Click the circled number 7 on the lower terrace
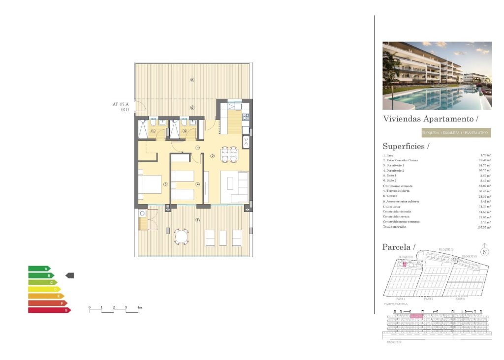click(x=197, y=220)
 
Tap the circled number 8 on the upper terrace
click(x=192, y=80)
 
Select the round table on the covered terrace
click(x=182, y=237)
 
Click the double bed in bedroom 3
click(x=150, y=184)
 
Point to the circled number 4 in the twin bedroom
click(x=197, y=185)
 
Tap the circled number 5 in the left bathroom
click(x=153, y=131)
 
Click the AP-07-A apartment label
click(x=121, y=104)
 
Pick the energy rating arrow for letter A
click(x=39, y=269)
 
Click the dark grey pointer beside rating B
click(x=70, y=276)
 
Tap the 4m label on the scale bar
click(x=140, y=307)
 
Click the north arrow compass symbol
click(x=485, y=252)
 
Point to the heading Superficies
click(x=406, y=147)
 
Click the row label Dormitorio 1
click(x=394, y=166)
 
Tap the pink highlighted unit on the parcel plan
click(x=405, y=264)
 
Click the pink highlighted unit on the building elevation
click(x=416, y=316)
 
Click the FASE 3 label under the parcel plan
click(x=460, y=299)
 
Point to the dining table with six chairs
click(x=229, y=154)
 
